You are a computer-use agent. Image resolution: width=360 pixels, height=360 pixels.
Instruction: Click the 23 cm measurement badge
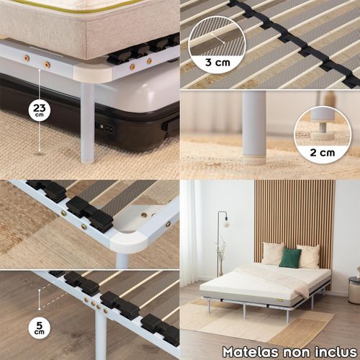[x=40, y=109]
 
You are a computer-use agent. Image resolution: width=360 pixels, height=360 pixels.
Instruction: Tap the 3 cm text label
[x=217, y=63]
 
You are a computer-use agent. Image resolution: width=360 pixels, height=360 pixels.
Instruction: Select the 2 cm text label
[x=323, y=153]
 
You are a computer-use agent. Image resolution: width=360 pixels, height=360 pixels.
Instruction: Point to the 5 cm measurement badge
[x=40, y=328]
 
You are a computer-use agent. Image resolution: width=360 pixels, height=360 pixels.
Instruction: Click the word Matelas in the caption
[x=251, y=352]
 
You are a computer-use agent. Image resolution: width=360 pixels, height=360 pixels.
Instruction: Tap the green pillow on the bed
[x=290, y=258]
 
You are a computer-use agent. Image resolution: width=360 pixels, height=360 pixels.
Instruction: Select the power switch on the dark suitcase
[x=105, y=127]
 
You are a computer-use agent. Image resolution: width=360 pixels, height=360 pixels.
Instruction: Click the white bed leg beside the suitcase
[x=87, y=122]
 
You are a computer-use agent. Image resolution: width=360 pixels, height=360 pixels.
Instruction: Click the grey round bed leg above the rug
[x=253, y=127]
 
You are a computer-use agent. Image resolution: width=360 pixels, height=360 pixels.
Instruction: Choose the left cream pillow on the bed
[x=273, y=253]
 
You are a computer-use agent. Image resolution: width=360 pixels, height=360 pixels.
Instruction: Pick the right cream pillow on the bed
[x=309, y=256]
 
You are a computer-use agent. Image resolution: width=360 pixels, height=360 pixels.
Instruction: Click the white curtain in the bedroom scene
[x=189, y=233]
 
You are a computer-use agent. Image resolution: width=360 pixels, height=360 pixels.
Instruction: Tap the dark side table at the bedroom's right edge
[x=354, y=289]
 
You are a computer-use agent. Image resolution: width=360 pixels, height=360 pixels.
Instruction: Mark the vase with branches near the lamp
[x=221, y=259]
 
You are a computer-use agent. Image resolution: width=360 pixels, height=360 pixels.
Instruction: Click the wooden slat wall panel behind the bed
[x=294, y=216]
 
